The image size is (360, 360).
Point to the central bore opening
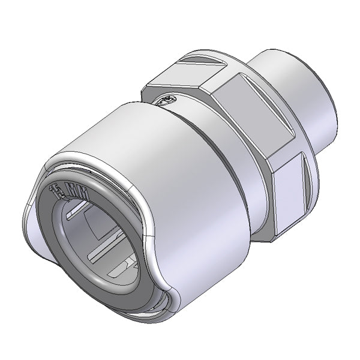pos(102,240)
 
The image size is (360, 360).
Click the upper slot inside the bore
pos(85,211)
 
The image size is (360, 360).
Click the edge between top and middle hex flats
pos(216,90)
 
